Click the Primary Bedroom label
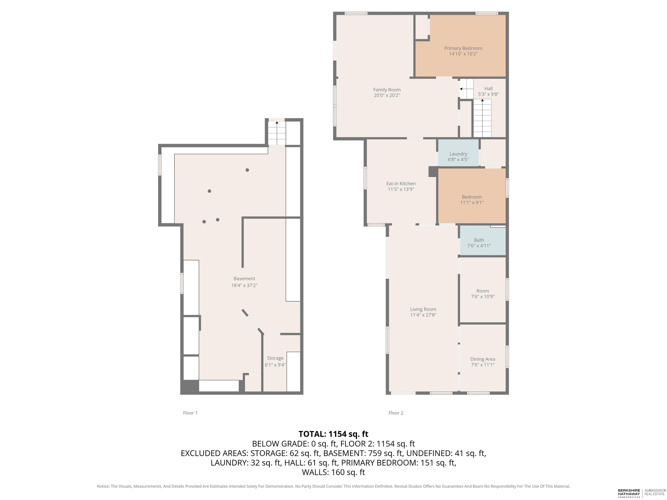point(463,48)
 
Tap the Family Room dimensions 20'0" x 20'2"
point(387,95)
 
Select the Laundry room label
point(458,154)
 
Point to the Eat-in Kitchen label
point(401,184)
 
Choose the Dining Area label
point(482,359)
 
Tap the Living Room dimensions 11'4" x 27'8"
point(423,315)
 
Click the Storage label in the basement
point(275,358)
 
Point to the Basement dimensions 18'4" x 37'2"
point(244,285)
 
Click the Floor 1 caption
point(190,413)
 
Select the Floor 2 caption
point(396,413)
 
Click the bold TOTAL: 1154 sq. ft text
point(333,434)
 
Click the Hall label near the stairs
point(489,89)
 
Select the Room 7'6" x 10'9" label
point(482,294)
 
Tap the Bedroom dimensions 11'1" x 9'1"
point(472,202)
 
